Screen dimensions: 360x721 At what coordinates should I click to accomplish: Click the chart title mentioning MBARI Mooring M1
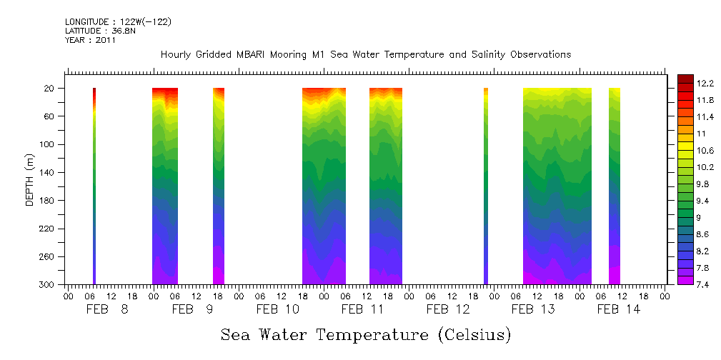(366, 55)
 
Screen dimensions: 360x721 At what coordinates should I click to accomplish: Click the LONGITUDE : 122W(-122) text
(118, 22)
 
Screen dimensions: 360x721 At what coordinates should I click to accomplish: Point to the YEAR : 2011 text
(90, 41)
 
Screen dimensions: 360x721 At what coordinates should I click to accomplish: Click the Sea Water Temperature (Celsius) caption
(366, 334)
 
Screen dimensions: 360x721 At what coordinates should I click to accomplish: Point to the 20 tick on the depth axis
(50, 89)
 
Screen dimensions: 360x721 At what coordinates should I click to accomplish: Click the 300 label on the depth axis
(47, 285)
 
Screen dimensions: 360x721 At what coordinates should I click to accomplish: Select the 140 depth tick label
(47, 172)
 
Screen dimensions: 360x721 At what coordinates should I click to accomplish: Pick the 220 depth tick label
(47, 229)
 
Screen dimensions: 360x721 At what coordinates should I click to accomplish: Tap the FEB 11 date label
(362, 309)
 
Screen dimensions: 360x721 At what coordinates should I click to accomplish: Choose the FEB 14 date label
(618, 309)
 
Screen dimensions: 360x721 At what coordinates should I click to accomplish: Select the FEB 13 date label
(533, 309)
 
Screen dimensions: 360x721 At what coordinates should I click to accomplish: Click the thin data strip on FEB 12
(486, 186)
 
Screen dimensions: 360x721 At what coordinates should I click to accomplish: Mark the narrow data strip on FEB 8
(94, 186)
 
